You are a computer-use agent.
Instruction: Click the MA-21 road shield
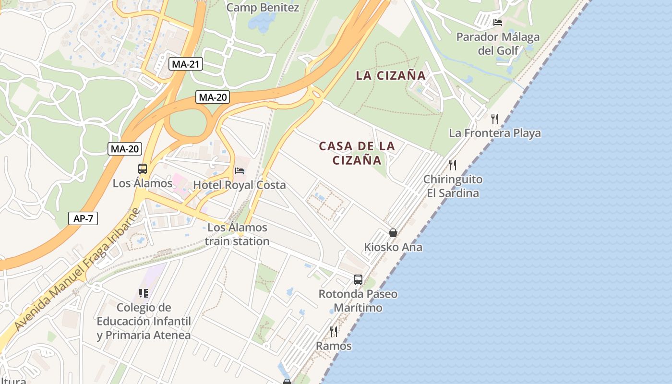click(186, 64)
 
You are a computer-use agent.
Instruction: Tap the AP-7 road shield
click(83, 218)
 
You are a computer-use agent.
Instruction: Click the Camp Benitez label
click(263, 8)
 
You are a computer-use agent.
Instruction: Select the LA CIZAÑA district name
click(391, 75)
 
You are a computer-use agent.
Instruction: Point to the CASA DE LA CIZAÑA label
click(357, 153)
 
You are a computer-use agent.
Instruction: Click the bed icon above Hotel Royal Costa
click(240, 171)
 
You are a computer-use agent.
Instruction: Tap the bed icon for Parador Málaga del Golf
click(498, 23)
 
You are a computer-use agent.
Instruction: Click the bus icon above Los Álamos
click(143, 169)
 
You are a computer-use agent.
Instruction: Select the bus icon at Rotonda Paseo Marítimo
click(358, 280)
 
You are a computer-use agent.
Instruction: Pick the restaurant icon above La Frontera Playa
click(495, 119)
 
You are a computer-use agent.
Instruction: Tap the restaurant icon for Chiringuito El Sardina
click(452, 165)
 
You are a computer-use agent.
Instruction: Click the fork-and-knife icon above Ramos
click(334, 331)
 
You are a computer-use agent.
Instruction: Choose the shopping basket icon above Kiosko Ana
click(393, 233)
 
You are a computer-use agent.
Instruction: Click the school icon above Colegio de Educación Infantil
click(143, 293)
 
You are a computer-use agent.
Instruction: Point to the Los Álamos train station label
click(237, 234)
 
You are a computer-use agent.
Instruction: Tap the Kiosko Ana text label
click(393, 247)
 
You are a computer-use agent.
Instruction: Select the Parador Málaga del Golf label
click(498, 44)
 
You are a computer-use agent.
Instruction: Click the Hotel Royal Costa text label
click(239, 185)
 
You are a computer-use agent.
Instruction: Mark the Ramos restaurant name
click(334, 346)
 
